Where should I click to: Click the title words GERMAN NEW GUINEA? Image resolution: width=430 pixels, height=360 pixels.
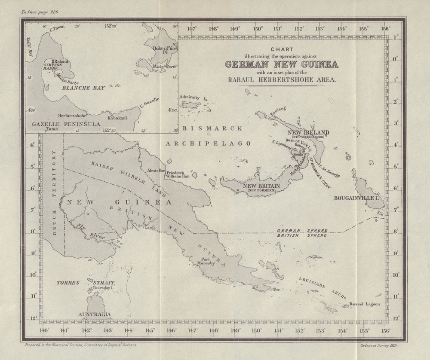point(282,64)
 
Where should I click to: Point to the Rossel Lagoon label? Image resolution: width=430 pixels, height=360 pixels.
point(365,304)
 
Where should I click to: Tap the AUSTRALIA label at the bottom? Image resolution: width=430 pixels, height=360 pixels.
point(94,314)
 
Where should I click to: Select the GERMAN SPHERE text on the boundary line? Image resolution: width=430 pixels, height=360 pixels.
point(303,230)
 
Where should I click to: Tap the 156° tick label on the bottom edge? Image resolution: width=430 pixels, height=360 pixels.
point(385,331)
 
